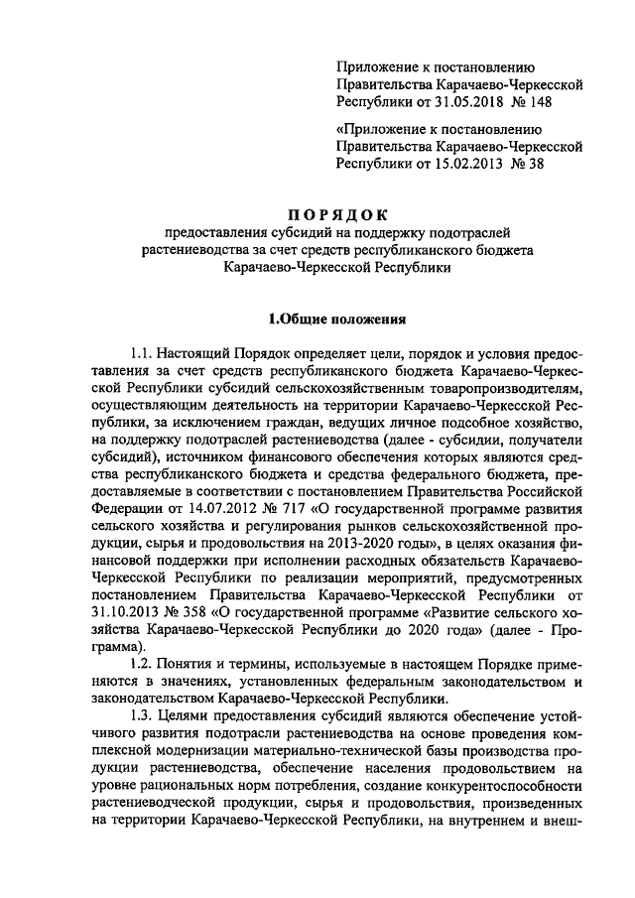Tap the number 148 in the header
539,101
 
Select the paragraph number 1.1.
144,354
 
